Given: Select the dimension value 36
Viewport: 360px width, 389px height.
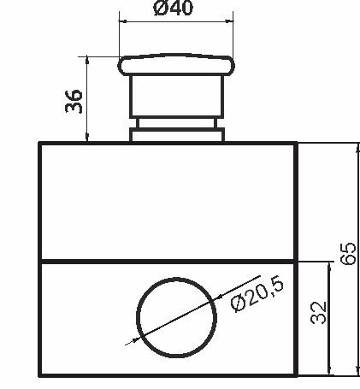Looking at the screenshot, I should (74, 101).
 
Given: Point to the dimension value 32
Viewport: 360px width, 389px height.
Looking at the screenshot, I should (318, 311).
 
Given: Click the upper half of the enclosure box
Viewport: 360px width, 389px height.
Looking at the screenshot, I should (168, 201).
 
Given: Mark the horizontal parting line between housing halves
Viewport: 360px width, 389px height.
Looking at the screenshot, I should (168, 260).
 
